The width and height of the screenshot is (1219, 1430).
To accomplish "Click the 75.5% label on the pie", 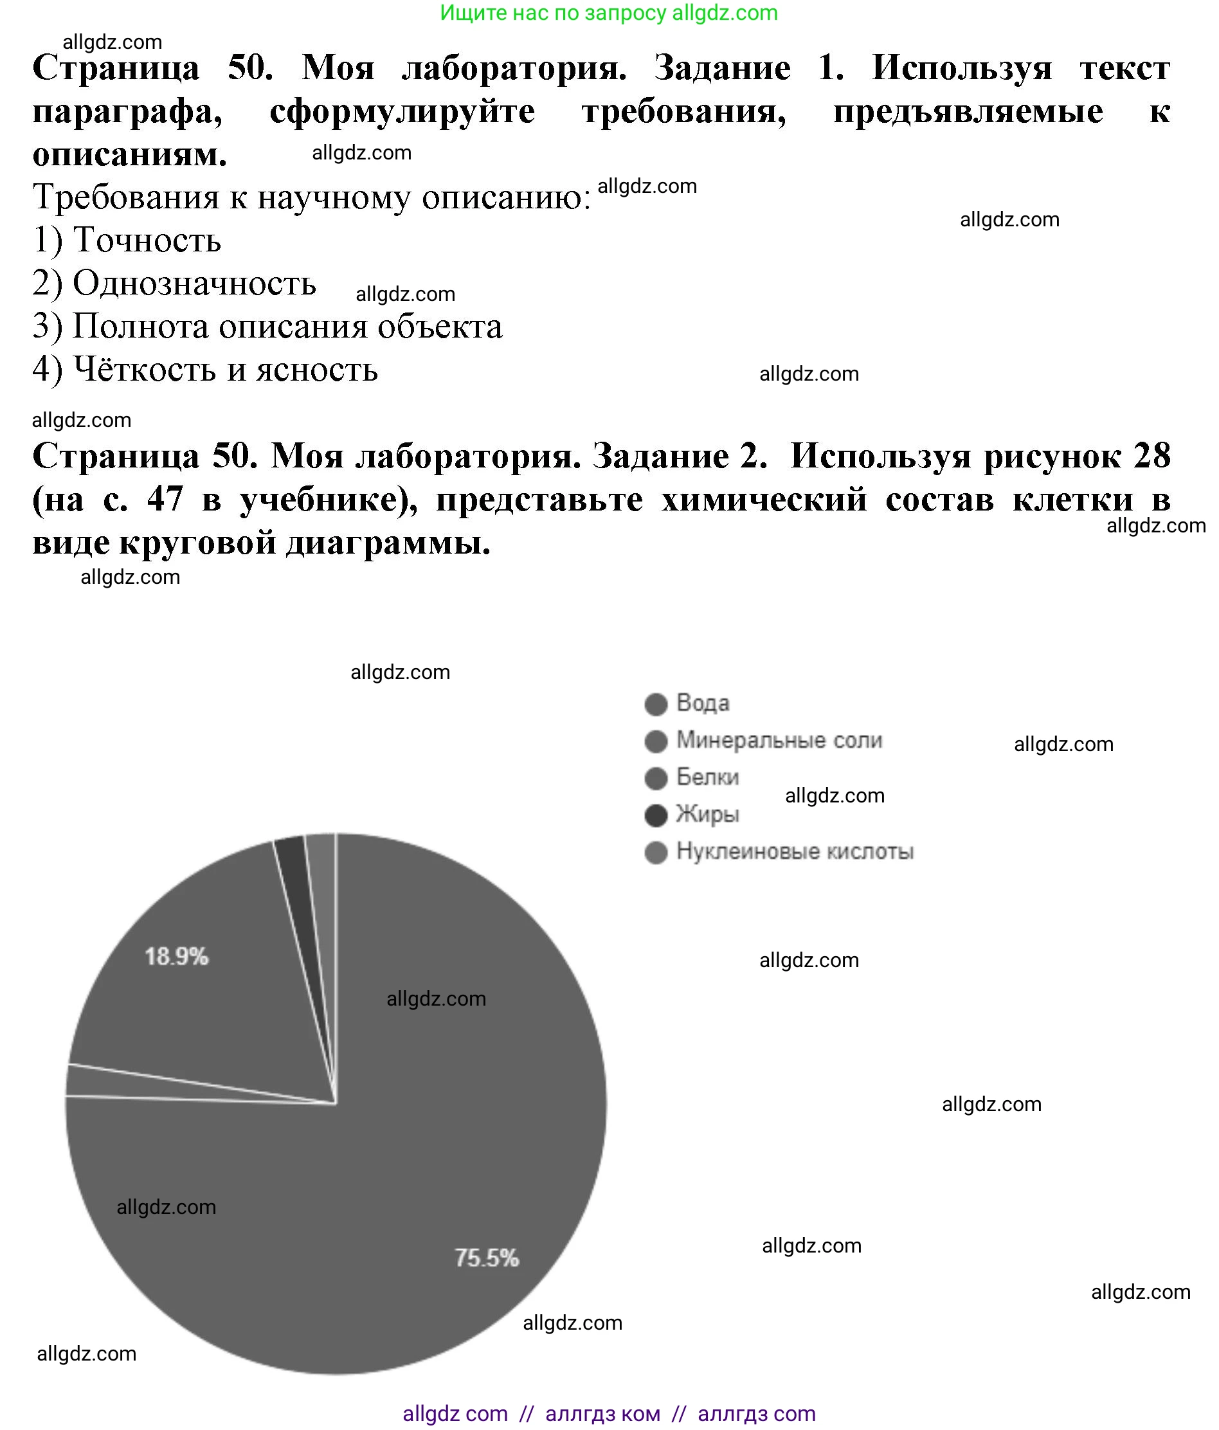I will [x=486, y=1258].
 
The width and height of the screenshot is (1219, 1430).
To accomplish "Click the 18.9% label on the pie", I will [x=176, y=956].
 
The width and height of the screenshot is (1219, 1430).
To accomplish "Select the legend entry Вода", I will [x=702, y=703].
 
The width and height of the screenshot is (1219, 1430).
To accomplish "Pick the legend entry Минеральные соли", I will [x=779, y=740].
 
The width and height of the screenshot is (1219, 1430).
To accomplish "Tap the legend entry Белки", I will [x=707, y=777].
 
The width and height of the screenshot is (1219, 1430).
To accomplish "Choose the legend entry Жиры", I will [x=707, y=815].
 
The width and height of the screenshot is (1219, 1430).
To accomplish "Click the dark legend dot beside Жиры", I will [x=656, y=815].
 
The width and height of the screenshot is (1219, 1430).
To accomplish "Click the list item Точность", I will [x=147, y=240].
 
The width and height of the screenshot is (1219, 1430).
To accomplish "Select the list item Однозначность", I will [x=194, y=284].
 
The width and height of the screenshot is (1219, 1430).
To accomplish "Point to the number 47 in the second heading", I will [x=165, y=499].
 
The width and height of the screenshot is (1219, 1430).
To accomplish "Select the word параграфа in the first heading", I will [x=127, y=111].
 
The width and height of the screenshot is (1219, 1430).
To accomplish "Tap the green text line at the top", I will [x=608, y=12].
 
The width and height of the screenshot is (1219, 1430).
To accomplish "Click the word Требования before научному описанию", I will [x=125, y=197].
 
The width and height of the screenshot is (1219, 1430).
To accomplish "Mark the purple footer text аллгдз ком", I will [x=602, y=1413].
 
